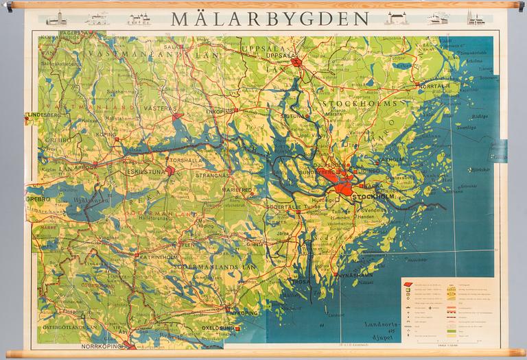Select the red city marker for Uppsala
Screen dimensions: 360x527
[296, 64]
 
